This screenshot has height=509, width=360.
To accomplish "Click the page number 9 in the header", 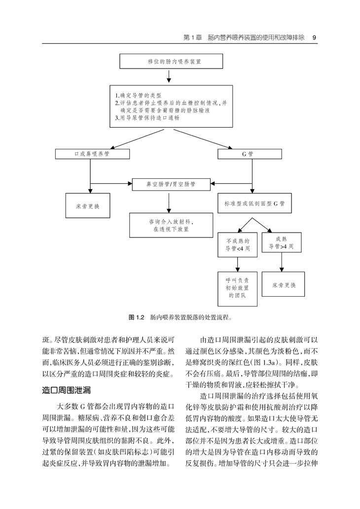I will point(314,37).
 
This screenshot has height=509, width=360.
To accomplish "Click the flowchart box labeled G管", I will point(252,154).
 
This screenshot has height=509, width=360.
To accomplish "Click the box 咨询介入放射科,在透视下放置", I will point(168,225).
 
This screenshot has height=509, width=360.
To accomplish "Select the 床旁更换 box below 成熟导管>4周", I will point(281,285).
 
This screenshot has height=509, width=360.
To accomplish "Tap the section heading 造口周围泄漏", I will point(67,391).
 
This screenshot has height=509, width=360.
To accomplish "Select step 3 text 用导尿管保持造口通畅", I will point(146,118).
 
